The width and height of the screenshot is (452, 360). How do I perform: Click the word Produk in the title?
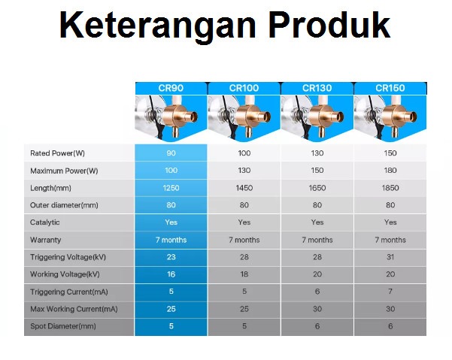pyautogui.click(x=329, y=25)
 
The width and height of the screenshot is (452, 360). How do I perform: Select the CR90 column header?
pyautogui.click(x=171, y=88)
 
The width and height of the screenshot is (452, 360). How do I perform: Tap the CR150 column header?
pyautogui.click(x=390, y=88)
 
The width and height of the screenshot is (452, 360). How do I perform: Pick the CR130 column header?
pyautogui.click(x=317, y=88)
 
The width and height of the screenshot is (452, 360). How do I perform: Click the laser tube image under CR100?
pyautogui.click(x=244, y=118)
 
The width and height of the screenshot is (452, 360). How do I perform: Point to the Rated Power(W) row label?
pyautogui.click(x=57, y=153)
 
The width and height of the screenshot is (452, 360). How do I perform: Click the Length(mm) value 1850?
pyautogui.click(x=390, y=188)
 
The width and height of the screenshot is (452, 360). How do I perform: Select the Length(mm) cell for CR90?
pyautogui.click(x=171, y=188)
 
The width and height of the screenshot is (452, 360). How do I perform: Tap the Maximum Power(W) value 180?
pyautogui.click(x=390, y=171)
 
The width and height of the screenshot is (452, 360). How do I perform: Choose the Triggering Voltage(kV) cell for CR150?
pyautogui.click(x=390, y=257)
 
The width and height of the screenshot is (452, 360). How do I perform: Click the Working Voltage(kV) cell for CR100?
pyautogui.click(x=244, y=274)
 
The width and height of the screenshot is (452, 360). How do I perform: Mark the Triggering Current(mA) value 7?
pyautogui.click(x=390, y=292)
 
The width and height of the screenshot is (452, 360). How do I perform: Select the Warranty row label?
pyautogui.click(x=46, y=240)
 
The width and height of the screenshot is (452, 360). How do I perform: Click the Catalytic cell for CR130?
pyautogui.click(x=317, y=222)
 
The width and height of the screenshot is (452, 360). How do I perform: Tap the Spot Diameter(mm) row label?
pyautogui.click(x=63, y=326)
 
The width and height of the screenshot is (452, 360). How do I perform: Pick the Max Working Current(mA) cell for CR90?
pyautogui.click(x=171, y=309)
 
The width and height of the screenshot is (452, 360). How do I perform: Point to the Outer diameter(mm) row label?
pyautogui.click(x=64, y=205)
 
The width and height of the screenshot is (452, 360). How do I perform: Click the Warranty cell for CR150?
pyautogui.click(x=390, y=240)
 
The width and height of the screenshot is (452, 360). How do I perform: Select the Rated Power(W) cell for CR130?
pyautogui.click(x=317, y=153)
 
